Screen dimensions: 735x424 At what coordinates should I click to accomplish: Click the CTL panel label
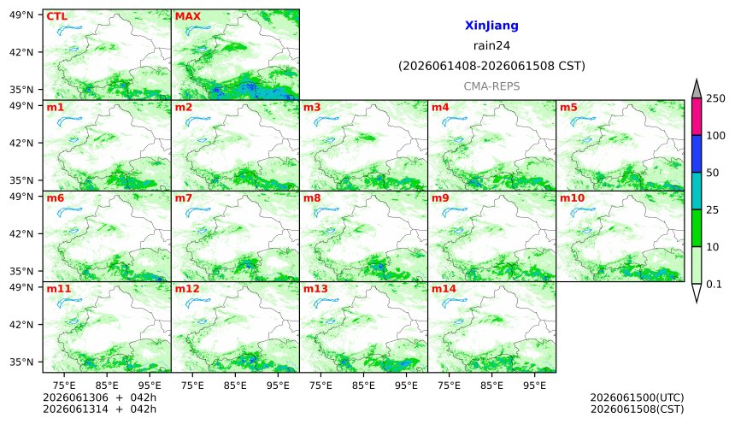pos(56,16)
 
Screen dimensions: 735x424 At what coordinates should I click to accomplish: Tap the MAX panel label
pos(187,16)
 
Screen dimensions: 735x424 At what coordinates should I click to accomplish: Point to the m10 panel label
pos(573,198)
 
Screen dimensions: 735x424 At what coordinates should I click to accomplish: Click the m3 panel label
pos(312,108)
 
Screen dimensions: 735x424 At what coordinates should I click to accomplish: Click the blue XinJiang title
pos(491,26)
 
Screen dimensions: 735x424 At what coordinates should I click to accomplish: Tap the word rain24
pos(491,45)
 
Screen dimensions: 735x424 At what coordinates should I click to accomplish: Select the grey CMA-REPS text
pos(491,86)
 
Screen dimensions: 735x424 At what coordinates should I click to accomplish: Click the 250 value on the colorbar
pos(715,98)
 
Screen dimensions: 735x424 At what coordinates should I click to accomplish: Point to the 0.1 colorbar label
pos(714,284)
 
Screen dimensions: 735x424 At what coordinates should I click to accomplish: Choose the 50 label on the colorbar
pos(713,173)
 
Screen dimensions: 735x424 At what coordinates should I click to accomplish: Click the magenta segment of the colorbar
pos(697,117)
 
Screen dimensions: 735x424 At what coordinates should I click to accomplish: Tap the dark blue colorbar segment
pos(697,154)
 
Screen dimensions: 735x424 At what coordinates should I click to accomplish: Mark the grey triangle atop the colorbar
pos(697,90)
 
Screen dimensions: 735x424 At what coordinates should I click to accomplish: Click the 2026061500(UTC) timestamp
pos(637,397)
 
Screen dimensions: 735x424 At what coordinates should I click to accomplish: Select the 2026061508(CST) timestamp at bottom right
pos(637,409)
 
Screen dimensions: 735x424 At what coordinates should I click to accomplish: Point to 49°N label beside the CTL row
pos(21,15)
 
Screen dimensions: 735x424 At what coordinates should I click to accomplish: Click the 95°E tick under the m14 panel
pos(534,386)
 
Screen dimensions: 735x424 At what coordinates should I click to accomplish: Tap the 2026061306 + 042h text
pos(99,397)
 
